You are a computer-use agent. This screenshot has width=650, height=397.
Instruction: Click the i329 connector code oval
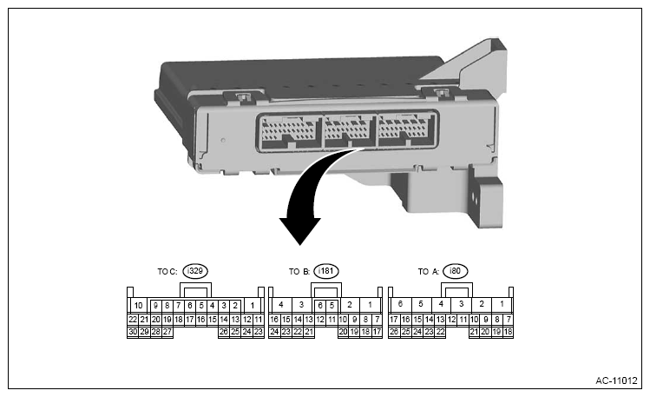coord(195,271)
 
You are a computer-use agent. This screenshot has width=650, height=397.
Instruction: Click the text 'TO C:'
coord(168,272)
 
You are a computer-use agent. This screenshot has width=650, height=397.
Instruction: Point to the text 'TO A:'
coord(429,272)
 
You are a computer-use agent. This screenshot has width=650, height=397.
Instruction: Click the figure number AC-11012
coord(615,380)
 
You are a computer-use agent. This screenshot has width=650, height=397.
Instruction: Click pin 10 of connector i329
coord(138,306)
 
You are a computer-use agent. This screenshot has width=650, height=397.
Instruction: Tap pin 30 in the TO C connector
coord(133,331)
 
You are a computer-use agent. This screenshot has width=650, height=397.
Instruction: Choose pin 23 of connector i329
coord(258,331)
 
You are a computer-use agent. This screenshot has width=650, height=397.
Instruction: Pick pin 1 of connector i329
coord(252,306)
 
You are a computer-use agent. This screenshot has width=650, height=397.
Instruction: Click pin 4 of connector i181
coord(280,306)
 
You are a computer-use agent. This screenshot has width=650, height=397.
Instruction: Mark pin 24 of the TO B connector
coord(274,331)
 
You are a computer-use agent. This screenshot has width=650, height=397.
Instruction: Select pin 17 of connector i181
coord(377,331)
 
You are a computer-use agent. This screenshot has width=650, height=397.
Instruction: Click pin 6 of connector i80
coord(400,305)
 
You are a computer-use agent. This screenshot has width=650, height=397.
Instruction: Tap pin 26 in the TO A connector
coord(394,331)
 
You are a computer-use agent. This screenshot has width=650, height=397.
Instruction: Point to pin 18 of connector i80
coord(508,331)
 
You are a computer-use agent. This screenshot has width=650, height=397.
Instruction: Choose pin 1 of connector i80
coord(502,305)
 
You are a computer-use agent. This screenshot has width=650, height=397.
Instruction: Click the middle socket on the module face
coord(348,131)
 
